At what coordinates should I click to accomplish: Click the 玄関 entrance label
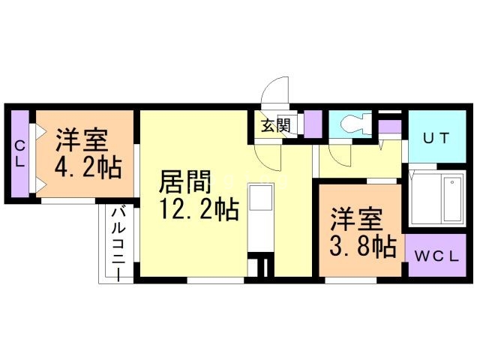(276, 125)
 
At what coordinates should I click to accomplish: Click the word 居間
(184, 181)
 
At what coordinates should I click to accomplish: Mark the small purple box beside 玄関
(312, 123)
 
